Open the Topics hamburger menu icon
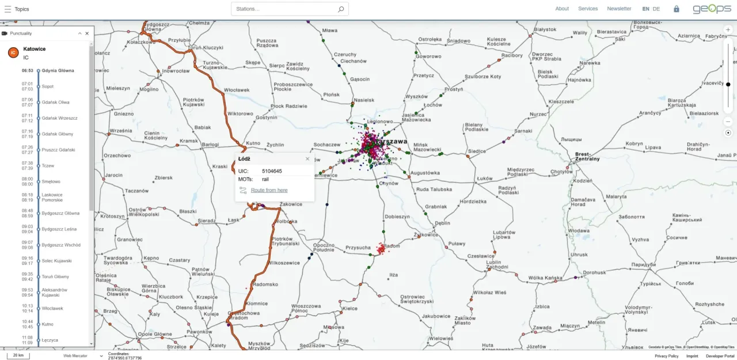[7, 9]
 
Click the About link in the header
[562, 9]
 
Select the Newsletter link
[619, 9]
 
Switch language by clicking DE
[656, 9]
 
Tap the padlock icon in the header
[677, 9]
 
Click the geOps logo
[712, 9]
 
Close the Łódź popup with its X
[307, 158]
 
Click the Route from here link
[269, 190]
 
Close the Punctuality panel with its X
[87, 33]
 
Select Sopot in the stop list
[48, 86]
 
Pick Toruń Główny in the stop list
[55, 276]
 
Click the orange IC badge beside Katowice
[13, 53]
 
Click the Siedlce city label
[477, 152]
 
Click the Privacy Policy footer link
[666, 356]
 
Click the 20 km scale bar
[18, 355]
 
